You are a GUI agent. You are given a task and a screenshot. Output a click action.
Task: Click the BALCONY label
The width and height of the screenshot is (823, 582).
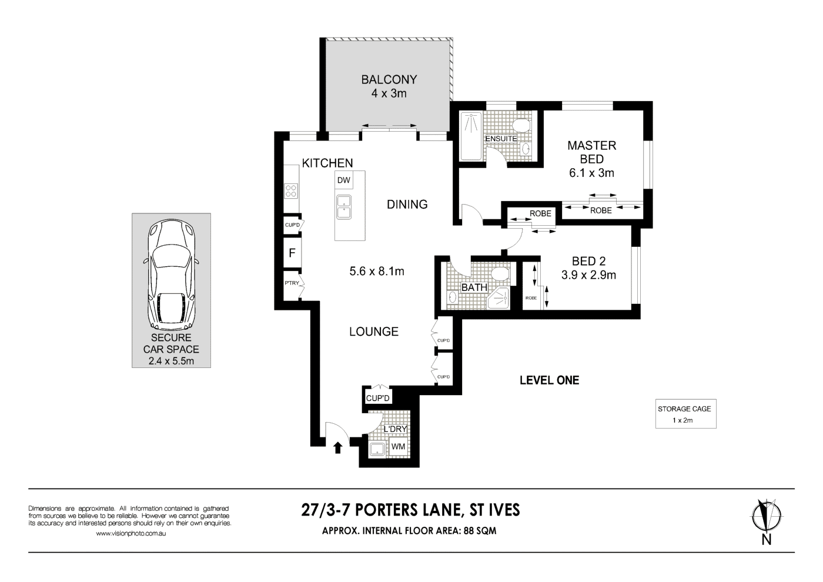coord(389,79)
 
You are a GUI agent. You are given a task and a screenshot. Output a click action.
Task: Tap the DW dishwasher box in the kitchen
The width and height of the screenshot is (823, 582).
coord(344,180)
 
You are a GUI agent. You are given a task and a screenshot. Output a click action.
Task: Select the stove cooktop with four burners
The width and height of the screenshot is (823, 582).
coord(291,190)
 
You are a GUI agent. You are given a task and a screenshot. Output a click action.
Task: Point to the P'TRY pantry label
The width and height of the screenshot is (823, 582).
coord(292,283)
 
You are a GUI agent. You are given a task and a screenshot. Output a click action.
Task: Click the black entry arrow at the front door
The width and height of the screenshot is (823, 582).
coord(337,448)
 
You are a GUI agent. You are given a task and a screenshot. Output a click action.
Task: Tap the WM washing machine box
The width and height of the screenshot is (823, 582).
coord(398,447)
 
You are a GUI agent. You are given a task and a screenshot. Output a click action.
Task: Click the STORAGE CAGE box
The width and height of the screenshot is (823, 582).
coord(685,414)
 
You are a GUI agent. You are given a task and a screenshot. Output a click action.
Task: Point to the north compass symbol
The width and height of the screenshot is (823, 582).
coord(766,517)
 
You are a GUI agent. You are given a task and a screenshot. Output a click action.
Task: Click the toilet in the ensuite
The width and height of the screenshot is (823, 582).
coord(521,125)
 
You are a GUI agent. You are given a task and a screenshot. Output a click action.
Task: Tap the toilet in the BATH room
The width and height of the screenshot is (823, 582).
coord(501,273)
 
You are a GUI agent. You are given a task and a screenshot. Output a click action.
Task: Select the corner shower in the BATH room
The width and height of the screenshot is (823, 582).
coord(499,299)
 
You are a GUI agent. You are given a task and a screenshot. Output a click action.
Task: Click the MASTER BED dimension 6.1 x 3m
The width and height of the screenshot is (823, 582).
coord(591,173)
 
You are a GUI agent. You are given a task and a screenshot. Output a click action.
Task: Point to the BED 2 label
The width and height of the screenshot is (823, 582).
coord(588,261)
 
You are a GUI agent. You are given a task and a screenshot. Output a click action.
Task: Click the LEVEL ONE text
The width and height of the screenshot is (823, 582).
coord(549,380)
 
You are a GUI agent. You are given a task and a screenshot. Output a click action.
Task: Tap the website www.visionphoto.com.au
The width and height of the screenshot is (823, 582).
coord(131,534)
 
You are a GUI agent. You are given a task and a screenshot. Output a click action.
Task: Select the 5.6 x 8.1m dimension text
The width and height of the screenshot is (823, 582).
coord(377,271)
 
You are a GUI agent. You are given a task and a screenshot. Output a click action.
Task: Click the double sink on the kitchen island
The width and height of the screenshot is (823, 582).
coord(344,207)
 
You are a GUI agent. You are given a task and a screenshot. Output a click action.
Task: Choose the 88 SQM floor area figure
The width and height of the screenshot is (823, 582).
coord(480,530)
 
